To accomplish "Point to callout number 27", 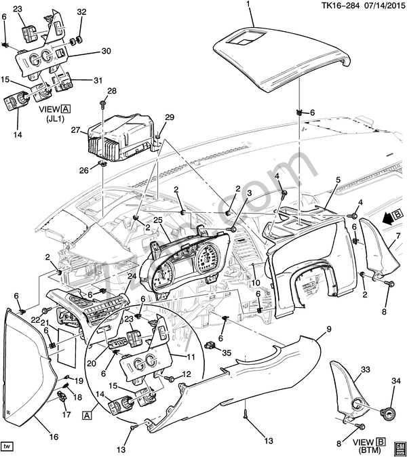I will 76,130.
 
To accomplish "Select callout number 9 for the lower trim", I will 328,329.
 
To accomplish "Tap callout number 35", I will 227,353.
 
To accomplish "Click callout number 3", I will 249,194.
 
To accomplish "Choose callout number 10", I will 256,283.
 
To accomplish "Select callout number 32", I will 81,13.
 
